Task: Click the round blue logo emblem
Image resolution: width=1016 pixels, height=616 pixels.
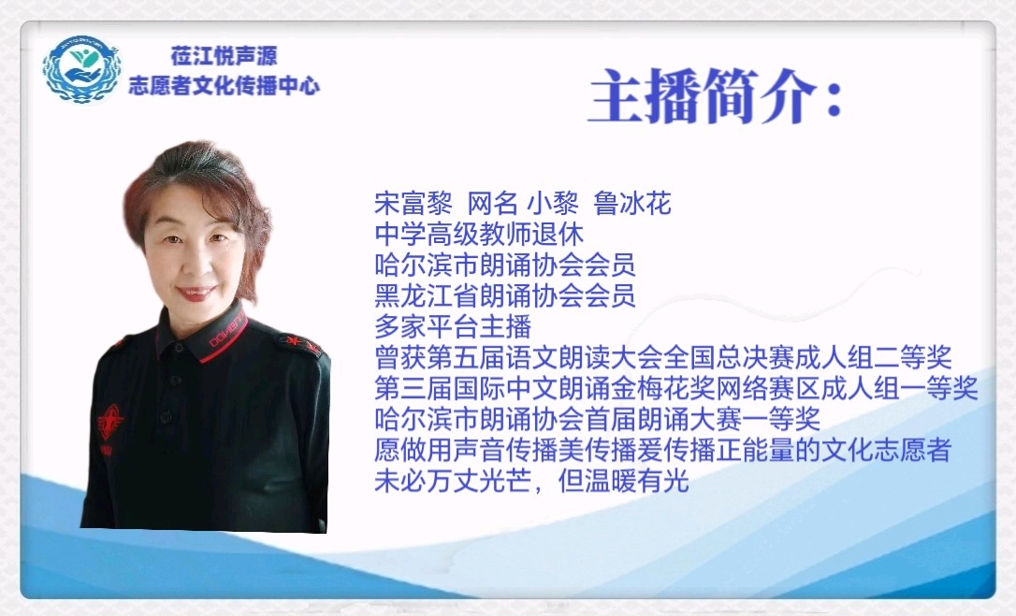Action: coord(81,69)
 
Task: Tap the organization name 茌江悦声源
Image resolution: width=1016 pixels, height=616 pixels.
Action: coord(225,56)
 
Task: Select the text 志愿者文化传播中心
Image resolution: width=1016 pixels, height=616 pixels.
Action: coord(224,85)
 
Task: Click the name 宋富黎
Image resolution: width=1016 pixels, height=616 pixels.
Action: coord(414,204)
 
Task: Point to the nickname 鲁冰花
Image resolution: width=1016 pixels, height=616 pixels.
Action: coord(631,204)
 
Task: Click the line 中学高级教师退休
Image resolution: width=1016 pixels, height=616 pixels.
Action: coord(479,234)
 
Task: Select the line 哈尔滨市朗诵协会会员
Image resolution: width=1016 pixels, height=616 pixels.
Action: coord(505,265)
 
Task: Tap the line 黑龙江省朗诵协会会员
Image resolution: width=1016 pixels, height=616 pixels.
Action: coord(505,295)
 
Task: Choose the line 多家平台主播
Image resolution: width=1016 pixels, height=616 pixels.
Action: coord(453,326)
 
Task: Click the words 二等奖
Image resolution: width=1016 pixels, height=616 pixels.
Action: coord(912,358)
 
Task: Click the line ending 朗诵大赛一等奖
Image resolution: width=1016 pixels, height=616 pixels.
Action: coord(598,419)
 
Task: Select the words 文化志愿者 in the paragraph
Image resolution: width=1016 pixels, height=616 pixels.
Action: coord(886,450)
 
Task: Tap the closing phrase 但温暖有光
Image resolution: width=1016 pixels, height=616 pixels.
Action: coord(623,480)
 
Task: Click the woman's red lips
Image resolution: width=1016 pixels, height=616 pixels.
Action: coord(196,293)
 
